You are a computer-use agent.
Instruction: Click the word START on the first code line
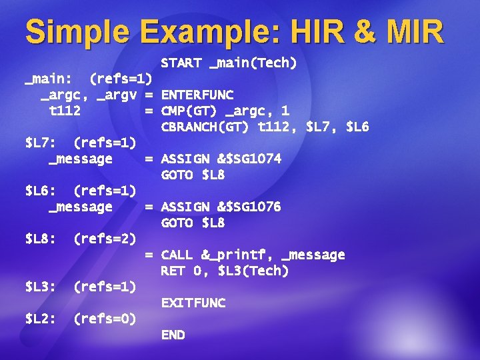(181, 63)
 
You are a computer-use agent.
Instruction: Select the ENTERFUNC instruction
(197, 95)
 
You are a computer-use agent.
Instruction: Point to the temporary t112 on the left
(65, 111)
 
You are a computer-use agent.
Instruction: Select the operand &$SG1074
(249, 159)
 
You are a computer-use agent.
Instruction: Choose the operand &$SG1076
(249, 207)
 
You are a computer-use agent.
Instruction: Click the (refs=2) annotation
(105, 239)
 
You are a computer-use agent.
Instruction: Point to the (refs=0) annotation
(105, 319)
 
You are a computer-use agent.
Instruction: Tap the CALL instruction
(177, 255)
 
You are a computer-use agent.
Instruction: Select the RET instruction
(173, 271)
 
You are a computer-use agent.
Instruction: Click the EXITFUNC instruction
(193, 303)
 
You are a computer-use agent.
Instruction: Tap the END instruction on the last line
(173, 335)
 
